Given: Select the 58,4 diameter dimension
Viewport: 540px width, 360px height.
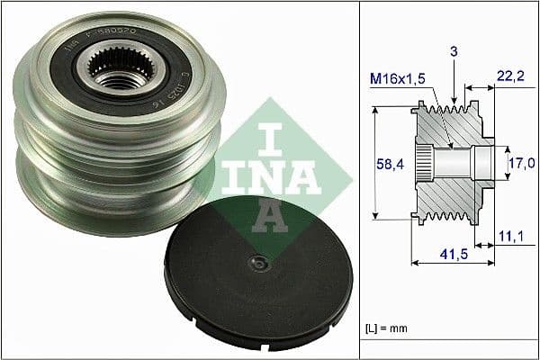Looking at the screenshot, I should tap(389, 166).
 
